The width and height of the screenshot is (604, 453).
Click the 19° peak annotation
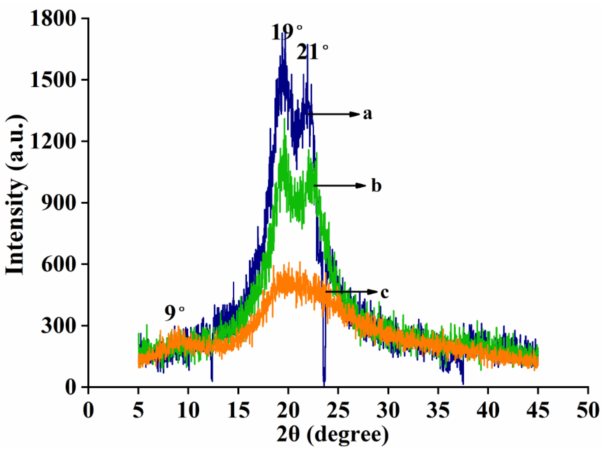tap(286, 32)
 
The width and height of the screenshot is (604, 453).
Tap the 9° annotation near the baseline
tap(174, 313)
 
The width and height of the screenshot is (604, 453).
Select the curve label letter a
tap(367, 114)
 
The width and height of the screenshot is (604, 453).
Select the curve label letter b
tap(376, 185)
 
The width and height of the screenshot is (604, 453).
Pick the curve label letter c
tap(384, 292)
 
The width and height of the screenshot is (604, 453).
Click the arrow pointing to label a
tap(334, 114)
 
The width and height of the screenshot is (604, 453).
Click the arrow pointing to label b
tap(340, 186)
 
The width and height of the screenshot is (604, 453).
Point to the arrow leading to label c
tap(352, 292)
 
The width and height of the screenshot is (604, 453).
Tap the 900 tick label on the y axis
tap(58, 203)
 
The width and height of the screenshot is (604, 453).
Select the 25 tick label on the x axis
tap(338, 411)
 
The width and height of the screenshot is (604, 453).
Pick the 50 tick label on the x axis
tap(588, 411)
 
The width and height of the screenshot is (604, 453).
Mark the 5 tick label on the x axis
tap(138, 411)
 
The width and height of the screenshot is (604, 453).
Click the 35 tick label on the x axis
tap(438, 411)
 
